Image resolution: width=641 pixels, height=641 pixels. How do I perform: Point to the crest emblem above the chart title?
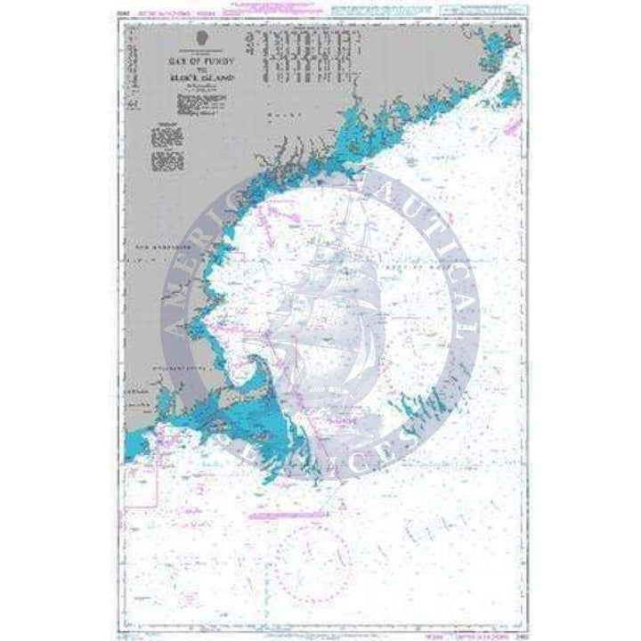point(203,39)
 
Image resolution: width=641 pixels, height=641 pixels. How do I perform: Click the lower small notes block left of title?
point(166,161)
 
